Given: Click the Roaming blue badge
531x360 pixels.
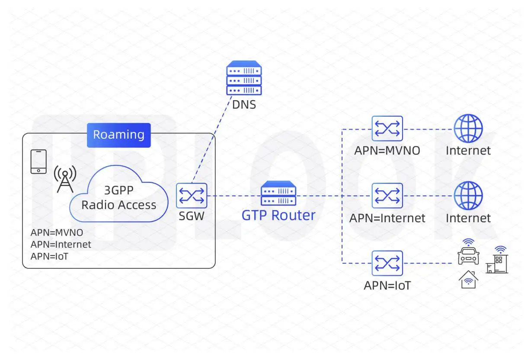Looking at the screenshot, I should point(118,135).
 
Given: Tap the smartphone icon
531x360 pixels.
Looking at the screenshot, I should point(38,162).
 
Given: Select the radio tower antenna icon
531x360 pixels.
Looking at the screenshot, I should point(65,178).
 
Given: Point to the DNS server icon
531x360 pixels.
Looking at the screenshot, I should point(244,78).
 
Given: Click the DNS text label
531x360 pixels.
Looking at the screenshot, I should point(244,105).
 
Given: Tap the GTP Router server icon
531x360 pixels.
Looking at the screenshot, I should point(278,194).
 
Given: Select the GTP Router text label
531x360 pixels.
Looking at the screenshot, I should point(278,215).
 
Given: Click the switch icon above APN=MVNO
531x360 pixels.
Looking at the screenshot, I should point(387,128).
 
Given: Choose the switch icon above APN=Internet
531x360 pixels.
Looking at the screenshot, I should point(387,195).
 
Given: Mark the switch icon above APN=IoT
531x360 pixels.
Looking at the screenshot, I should point(387,263).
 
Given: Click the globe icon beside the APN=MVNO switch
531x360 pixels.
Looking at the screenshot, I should point(468,128).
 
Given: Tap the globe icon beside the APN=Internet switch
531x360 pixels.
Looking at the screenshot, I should point(468,195).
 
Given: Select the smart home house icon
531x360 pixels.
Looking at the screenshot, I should point(468,280).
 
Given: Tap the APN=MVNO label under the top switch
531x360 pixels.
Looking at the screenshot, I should point(387,151).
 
